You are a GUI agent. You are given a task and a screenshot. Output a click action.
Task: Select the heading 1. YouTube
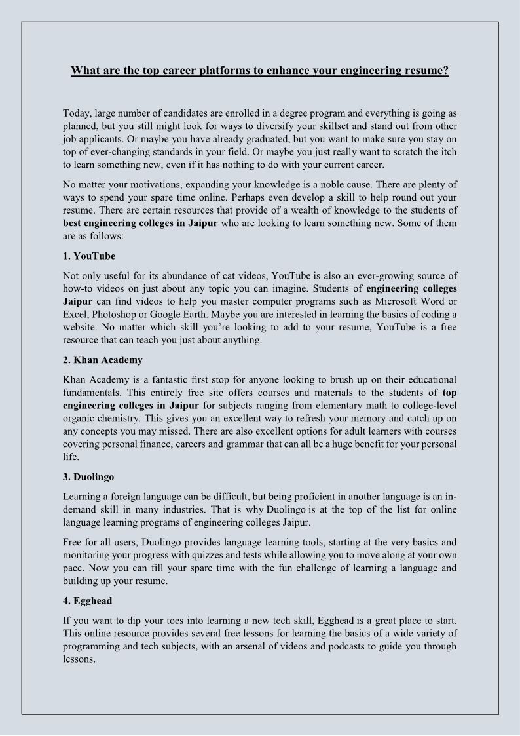point(89,255)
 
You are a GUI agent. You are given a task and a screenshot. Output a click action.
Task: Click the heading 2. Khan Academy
point(103,360)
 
